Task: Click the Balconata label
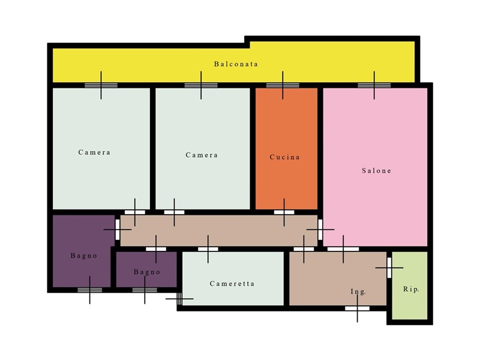(x=236, y=64)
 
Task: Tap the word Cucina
(x=284, y=157)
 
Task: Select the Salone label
(x=377, y=170)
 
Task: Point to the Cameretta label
(x=232, y=284)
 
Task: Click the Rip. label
(x=411, y=289)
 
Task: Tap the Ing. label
(x=358, y=292)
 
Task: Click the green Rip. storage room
(x=410, y=286)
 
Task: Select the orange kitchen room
(x=286, y=149)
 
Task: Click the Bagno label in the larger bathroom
(x=84, y=256)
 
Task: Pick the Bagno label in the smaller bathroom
(x=147, y=272)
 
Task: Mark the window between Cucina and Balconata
(x=283, y=85)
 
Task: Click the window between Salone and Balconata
(x=374, y=85)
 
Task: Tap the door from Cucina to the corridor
(x=284, y=212)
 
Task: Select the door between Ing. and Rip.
(x=389, y=268)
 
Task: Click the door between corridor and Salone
(x=320, y=229)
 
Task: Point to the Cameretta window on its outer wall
(x=179, y=299)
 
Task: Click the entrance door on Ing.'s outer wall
(x=357, y=308)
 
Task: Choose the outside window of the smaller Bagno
(x=145, y=290)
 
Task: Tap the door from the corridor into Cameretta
(x=208, y=249)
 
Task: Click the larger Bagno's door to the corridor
(x=117, y=229)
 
